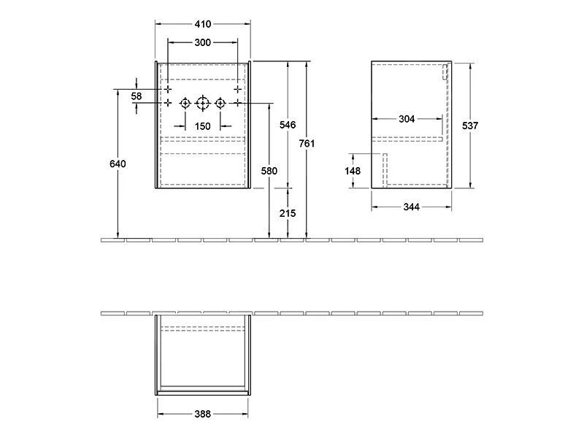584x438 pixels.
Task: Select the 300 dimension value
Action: [x=203, y=42]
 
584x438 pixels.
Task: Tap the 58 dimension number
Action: [x=137, y=96]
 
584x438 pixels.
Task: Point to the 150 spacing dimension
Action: [x=202, y=126]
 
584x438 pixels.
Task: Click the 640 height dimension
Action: [x=118, y=164]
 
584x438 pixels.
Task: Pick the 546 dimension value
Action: [x=288, y=125]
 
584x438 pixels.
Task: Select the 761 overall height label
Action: [x=307, y=144]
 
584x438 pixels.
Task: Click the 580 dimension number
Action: [x=269, y=171]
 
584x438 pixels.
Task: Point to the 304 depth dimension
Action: [x=408, y=120]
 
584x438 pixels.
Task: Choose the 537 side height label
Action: [x=470, y=126]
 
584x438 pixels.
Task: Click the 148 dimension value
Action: [x=353, y=172]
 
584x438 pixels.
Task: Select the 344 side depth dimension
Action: [x=411, y=207]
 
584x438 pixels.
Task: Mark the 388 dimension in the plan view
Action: [x=202, y=414]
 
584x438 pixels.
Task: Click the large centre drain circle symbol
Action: [x=202, y=103]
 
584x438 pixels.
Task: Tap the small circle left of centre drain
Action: [x=185, y=103]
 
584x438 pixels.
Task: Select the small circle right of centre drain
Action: [x=220, y=103]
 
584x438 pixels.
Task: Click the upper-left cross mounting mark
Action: [x=168, y=88]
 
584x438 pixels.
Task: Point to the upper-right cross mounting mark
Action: [x=237, y=88]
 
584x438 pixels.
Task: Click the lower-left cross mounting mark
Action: [x=168, y=103]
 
